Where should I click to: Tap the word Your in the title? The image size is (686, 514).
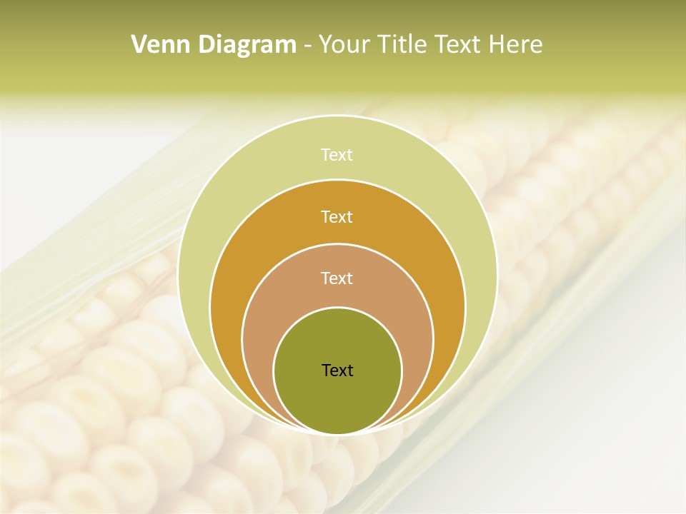point(344,45)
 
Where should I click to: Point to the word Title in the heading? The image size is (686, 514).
point(403,45)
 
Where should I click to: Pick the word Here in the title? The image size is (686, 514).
point(515,45)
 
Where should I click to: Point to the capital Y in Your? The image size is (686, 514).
point(326,45)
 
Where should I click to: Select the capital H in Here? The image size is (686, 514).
point(497,45)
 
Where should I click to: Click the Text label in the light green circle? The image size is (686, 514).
point(337,155)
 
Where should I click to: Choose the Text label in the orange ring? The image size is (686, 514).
point(337,216)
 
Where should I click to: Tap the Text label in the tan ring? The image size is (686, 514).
point(337,278)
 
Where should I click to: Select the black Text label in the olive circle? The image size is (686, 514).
point(337,370)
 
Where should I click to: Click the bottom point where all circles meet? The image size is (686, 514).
point(337,433)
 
